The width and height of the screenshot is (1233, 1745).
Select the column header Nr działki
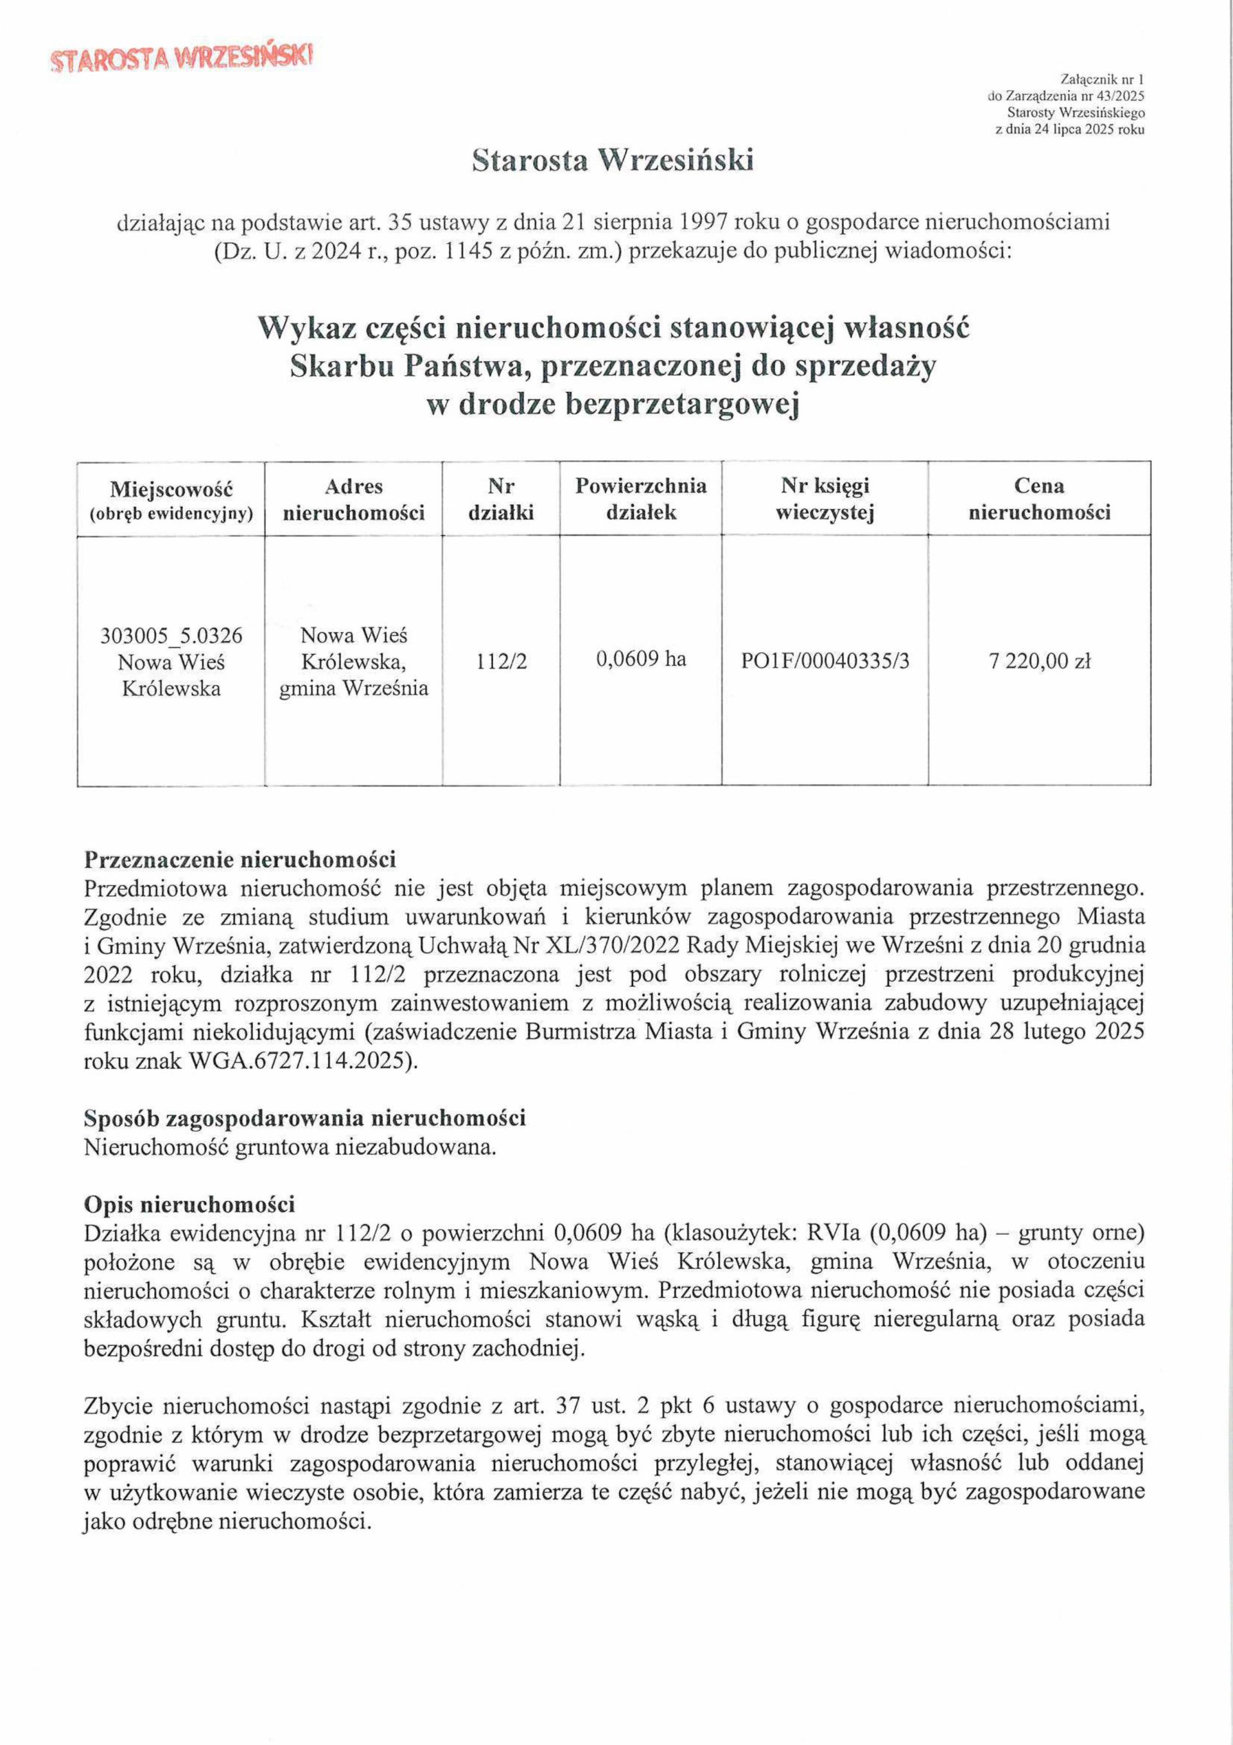pos(501,499)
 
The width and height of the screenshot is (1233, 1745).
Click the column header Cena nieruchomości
pos(1038,499)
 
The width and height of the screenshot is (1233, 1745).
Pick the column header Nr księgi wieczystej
pos(825,499)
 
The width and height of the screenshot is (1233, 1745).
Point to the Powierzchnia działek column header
pos(640,499)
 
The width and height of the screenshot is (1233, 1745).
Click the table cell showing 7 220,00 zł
pos(1039,661)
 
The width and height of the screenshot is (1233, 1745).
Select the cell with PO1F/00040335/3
pos(825,661)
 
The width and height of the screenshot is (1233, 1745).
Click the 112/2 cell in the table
pos(502,661)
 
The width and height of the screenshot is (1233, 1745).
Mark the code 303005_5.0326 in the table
pos(171,635)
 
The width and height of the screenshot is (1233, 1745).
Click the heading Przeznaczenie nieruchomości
pos(240,860)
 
